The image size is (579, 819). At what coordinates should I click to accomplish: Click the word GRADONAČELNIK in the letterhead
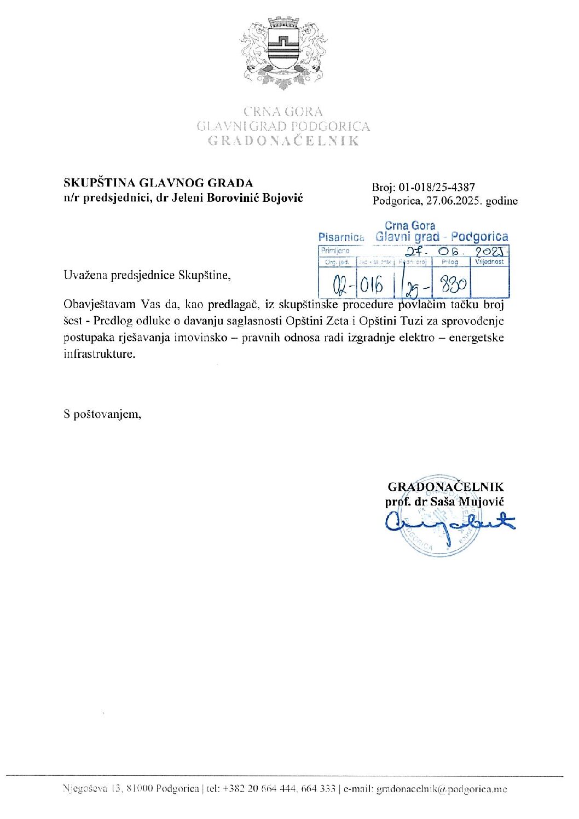click(x=283, y=141)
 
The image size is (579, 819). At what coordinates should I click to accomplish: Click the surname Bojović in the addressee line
click(x=282, y=198)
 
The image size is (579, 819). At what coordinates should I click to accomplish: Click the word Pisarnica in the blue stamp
click(x=341, y=237)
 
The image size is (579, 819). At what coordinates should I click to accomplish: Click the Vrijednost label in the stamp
click(x=489, y=262)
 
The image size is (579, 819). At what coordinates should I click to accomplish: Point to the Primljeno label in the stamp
click(x=335, y=251)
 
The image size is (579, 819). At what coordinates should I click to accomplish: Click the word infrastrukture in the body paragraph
click(x=98, y=353)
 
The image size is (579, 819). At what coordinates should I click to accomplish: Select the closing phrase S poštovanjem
click(x=102, y=414)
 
